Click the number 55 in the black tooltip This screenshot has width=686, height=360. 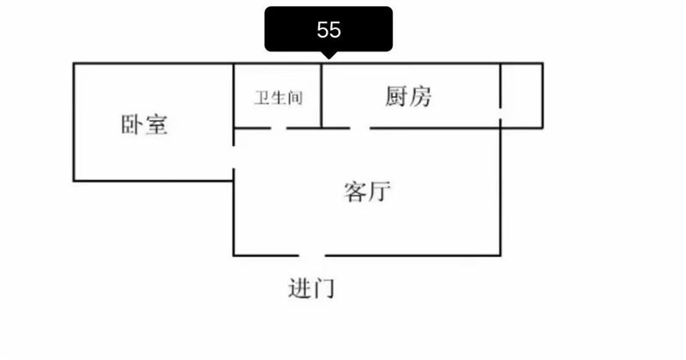point(328,30)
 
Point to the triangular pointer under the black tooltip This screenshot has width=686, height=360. point(328,55)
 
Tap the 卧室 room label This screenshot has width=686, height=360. point(144,124)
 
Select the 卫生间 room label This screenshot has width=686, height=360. point(279,98)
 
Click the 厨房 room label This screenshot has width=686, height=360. point(408,96)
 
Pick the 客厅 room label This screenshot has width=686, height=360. point(367,191)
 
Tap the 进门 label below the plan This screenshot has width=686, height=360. point(311,288)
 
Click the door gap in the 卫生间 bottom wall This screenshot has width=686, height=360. point(279,129)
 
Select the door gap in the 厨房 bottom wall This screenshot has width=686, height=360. point(360,129)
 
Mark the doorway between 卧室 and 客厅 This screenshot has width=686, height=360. point(233,157)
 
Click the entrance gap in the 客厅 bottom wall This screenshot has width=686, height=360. point(312,255)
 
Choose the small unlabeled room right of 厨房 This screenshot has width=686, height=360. point(522,96)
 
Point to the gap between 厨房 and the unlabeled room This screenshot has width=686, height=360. point(501,113)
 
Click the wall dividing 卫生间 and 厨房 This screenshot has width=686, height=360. point(322,96)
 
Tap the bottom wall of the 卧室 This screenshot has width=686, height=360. point(153,180)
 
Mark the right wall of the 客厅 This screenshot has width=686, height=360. point(501,192)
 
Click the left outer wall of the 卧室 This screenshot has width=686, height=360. point(74,122)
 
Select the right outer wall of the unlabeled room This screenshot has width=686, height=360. point(543,96)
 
